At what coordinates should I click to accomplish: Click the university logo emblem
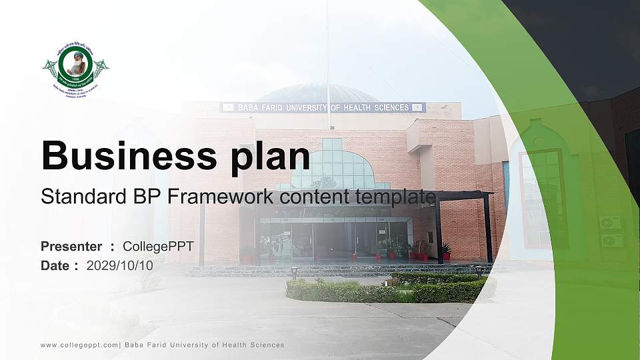coord(75,69)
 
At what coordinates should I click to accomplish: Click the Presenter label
coord(71,247)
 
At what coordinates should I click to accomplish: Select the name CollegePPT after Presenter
coord(158,247)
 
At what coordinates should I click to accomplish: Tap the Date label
coord(55,265)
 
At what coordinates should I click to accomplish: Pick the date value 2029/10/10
coord(120,265)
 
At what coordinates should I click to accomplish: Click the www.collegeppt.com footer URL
coord(79,345)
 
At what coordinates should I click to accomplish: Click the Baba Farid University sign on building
coord(323,107)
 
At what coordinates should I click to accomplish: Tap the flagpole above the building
coord(327,53)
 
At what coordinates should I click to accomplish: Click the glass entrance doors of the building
coord(333,240)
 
